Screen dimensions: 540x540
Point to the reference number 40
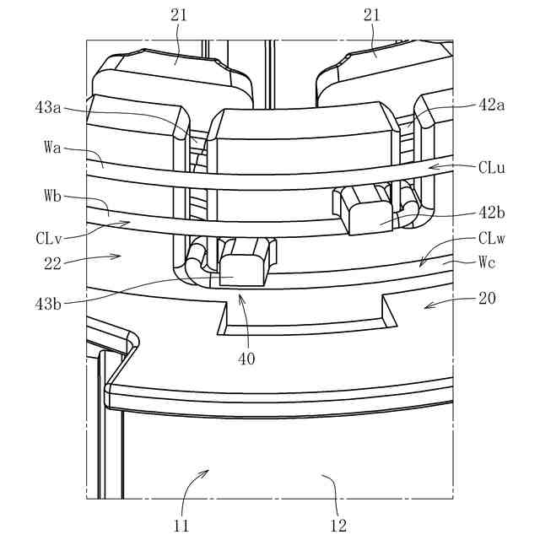pyautogui.click(x=246, y=358)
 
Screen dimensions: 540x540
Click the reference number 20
pyautogui.click(x=488, y=297)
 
